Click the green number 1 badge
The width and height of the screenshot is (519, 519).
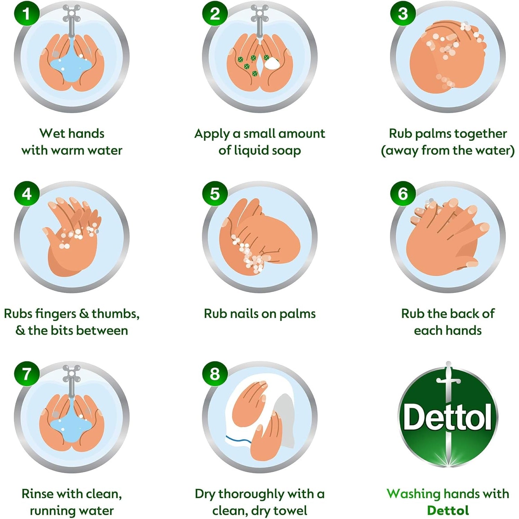(27, 13)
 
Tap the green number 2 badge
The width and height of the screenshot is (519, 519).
(215, 13)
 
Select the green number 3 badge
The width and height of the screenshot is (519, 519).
(403, 13)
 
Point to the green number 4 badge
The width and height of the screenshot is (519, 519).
(27, 194)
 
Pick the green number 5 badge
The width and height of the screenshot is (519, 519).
(215, 194)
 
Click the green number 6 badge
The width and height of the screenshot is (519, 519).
(403, 194)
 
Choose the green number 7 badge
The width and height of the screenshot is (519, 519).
(27, 374)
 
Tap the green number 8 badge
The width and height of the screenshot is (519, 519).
(215, 374)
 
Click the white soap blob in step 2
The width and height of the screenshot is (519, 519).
(272, 63)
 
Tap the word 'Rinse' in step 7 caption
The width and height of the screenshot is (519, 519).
(37, 494)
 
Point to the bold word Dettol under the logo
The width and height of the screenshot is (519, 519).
(448, 511)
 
